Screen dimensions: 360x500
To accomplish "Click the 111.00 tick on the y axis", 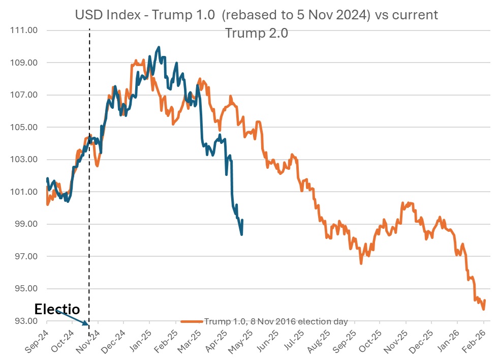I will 23,31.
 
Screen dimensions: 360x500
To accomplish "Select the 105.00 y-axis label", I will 23,128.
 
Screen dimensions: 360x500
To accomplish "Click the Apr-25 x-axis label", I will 216,339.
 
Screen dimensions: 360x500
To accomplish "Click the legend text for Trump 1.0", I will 276,321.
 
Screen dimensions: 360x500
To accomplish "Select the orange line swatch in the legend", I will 192,321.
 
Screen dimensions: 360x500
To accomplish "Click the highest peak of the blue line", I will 159,47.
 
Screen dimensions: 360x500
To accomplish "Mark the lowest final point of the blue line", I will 241,234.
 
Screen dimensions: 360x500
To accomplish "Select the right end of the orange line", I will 485,301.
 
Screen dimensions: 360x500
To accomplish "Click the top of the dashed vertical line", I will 89,29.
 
